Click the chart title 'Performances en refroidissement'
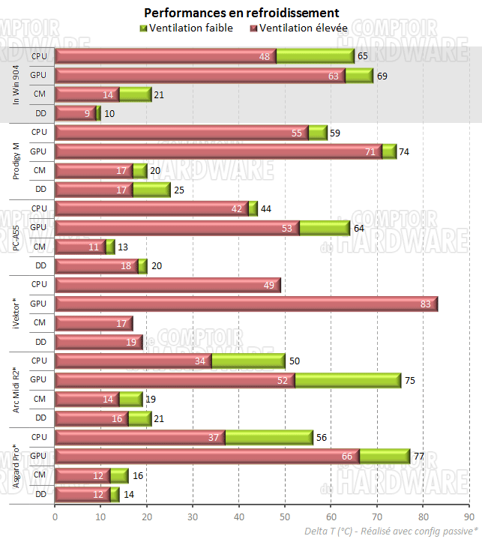point(241,13)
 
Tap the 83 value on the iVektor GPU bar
point(426,304)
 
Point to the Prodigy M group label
point(16,161)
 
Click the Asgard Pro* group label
point(16,466)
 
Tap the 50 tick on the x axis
point(285,517)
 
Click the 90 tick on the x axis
point(469,517)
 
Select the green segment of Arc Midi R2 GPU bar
point(347,380)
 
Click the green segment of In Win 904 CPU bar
point(315,56)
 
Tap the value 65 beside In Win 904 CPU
point(362,56)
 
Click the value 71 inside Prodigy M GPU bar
point(370,151)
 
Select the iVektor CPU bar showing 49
point(168,285)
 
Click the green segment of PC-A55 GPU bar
point(324,227)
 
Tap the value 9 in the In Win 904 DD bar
point(88,113)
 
